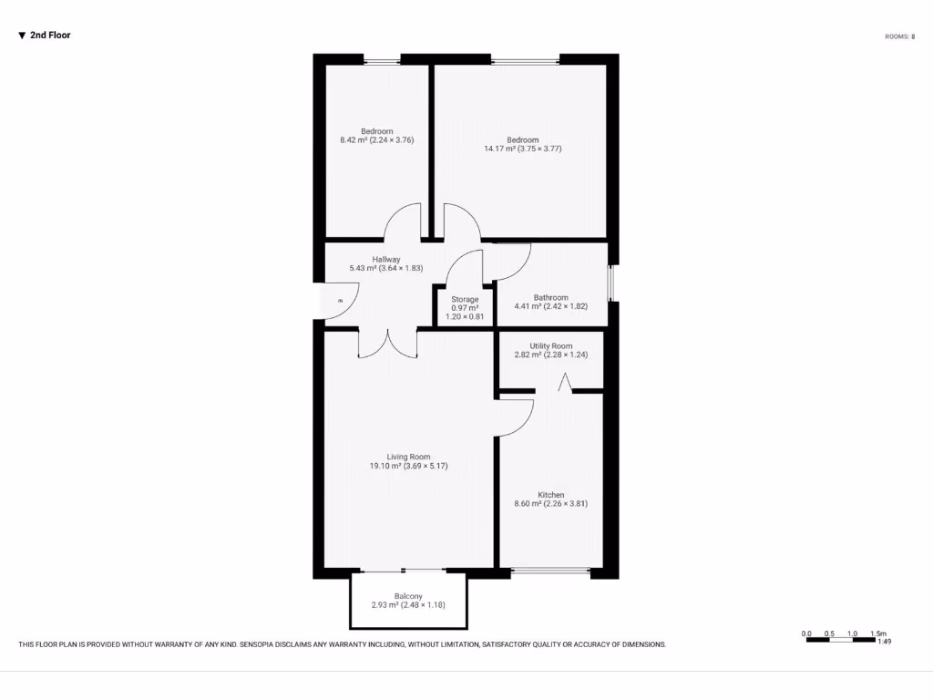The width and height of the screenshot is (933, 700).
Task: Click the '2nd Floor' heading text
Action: click(x=50, y=36)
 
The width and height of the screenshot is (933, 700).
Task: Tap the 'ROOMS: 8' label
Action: click(x=899, y=36)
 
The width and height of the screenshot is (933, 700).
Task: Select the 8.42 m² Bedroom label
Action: click(x=376, y=136)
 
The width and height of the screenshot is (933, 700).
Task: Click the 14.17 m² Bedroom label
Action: click(x=522, y=144)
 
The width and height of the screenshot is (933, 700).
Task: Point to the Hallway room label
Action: click(x=386, y=264)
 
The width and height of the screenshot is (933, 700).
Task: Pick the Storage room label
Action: click(x=465, y=308)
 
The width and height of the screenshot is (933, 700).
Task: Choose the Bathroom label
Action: click(x=550, y=302)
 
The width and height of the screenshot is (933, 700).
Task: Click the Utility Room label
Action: click(x=550, y=351)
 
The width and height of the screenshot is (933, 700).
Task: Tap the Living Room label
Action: click(x=408, y=461)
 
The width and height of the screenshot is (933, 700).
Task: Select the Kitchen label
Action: click(x=550, y=499)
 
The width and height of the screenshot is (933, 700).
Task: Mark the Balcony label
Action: click(x=408, y=600)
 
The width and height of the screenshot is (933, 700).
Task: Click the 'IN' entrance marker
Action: click(x=341, y=300)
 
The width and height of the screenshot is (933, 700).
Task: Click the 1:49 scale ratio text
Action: click(x=883, y=643)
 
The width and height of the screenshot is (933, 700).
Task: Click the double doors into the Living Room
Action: click(x=387, y=342)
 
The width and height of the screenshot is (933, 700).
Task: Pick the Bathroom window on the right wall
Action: click(x=611, y=283)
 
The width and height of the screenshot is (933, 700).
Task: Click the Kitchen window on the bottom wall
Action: click(x=550, y=571)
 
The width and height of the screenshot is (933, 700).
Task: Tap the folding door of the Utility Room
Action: click(x=566, y=383)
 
